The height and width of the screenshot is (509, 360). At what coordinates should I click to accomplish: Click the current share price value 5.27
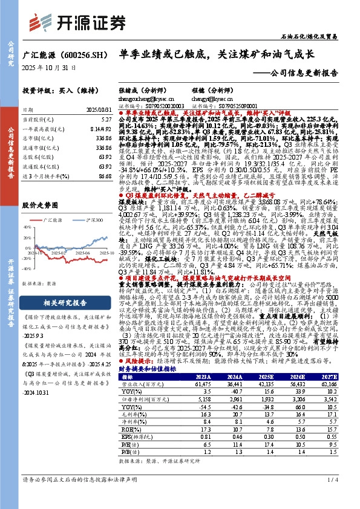[x=105, y=120]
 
